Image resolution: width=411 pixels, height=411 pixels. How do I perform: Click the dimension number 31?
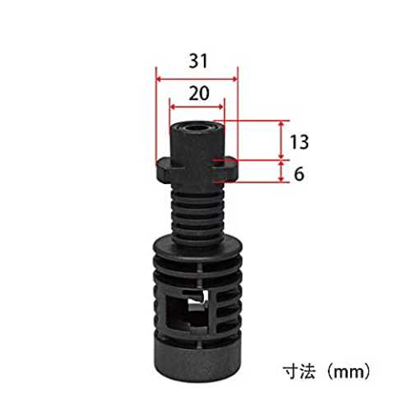(198, 61)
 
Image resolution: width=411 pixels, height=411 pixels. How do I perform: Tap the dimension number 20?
(199, 93)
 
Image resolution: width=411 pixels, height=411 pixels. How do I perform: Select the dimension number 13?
(299, 142)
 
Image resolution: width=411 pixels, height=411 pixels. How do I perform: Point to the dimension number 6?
(299, 173)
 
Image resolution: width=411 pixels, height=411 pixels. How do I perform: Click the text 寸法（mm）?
(327, 372)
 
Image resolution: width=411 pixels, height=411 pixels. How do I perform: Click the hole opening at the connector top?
(196, 127)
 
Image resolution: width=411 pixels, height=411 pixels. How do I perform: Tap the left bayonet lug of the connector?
(164, 170)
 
